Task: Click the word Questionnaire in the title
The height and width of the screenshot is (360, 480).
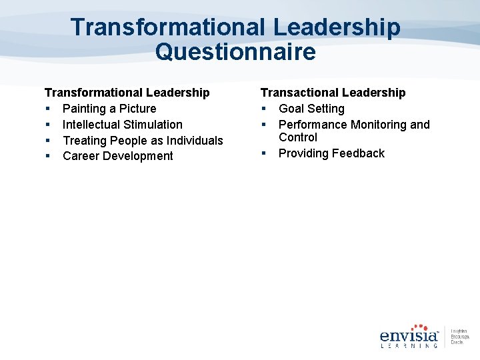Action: [235, 51]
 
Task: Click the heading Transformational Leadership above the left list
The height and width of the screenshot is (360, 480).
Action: [127, 93]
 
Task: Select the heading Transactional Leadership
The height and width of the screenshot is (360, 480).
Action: [333, 93]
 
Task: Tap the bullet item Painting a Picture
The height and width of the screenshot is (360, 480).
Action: [109, 109]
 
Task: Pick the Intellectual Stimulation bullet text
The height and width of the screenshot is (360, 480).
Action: [123, 125]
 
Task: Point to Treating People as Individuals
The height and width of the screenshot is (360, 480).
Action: [143, 141]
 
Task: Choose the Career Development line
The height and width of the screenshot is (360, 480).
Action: [118, 156]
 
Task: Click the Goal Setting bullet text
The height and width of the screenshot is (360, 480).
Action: [311, 109]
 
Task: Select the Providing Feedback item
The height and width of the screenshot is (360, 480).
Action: [331, 153]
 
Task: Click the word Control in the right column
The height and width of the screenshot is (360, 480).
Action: [298, 137]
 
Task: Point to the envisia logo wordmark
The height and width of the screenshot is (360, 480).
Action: [408, 336]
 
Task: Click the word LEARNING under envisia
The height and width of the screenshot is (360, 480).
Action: [408, 346]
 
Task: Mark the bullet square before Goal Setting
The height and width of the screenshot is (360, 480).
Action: [264, 109]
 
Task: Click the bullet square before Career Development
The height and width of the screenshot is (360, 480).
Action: [48, 156]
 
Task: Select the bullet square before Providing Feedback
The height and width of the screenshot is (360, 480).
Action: [264, 153]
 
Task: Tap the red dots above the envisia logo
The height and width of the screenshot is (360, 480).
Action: [419, 327]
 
